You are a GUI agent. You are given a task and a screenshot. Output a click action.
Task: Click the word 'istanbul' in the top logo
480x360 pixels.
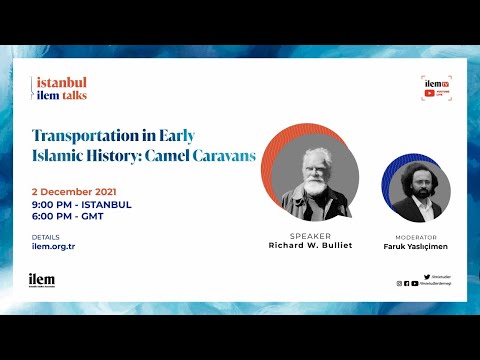[x=61, y=82]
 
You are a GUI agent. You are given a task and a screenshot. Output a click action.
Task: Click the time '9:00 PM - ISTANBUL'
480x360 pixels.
[x=82, y=204]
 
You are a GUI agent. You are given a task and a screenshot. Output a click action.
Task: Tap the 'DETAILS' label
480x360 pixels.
[x=46, y=237]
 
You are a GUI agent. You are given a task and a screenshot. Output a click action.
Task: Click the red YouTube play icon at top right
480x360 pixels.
[x=429, y=93]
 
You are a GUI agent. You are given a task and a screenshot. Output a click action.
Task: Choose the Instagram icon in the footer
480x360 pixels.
[x=400, y=283]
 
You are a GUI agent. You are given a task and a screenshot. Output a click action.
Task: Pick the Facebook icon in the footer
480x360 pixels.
[x=407, y=283]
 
